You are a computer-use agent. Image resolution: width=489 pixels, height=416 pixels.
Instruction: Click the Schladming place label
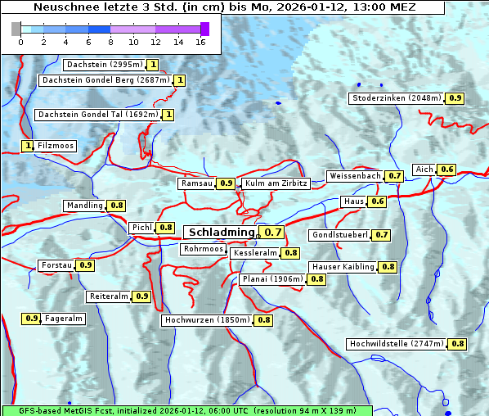(222, 233)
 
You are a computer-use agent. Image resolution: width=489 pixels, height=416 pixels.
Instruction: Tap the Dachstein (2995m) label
(104, 65)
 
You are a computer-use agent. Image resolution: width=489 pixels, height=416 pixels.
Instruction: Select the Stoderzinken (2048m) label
(397, 98)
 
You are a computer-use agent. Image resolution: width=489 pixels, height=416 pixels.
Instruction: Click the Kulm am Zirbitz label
(276, 183)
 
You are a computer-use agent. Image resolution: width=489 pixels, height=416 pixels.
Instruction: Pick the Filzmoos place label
(56, 146)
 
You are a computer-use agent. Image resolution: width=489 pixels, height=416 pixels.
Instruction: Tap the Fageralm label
(64, 319)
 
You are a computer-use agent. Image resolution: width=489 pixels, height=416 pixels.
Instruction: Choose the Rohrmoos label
(204, 249)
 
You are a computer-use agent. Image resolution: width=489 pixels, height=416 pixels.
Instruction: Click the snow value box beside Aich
(446, 170)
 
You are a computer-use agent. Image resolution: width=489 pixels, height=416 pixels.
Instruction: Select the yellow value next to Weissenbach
(395, 176)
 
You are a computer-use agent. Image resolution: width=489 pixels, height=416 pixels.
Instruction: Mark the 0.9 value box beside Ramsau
(227, 183)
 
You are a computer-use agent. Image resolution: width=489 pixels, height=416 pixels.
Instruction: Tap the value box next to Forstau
(85, 265)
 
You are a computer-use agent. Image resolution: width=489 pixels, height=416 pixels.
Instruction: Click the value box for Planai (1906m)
(316, 279)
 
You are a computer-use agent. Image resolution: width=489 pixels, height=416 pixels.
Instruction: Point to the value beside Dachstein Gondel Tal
(168, 115)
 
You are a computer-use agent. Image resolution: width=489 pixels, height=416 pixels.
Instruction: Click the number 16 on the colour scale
(200, 41)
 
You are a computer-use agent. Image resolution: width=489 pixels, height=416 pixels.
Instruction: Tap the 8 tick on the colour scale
(110, 41)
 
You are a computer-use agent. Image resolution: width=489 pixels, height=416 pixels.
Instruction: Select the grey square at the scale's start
(16, 29)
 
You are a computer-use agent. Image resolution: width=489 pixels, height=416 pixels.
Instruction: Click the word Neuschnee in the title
(65, 7)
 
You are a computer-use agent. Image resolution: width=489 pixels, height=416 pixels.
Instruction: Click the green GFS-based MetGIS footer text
(186, 410)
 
